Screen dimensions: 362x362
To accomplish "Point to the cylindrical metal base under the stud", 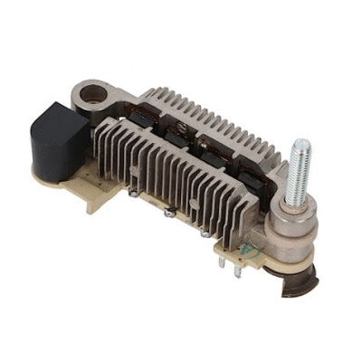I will pyautogui.click(x=292, y=227).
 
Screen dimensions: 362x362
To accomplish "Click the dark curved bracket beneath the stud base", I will pyautogui.click(x=300, y=284).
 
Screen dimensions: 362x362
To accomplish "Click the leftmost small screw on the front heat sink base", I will pyautogui.click(x=135, y=193).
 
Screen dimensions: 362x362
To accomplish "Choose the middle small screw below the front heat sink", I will pyautogui.click(x=167, y=212).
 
